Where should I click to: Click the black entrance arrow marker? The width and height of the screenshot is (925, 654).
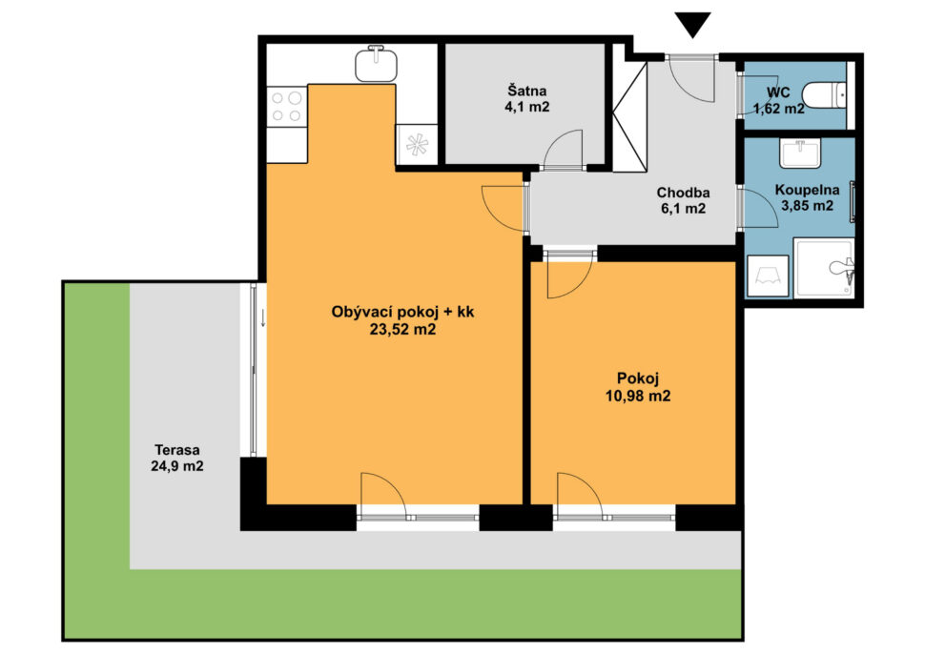[x=692, y=25]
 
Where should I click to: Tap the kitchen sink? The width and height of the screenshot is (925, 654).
[x=376, y=63]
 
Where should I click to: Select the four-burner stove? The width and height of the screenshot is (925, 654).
[x=287, y=106]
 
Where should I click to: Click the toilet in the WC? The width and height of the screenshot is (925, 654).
[x=825, y=95]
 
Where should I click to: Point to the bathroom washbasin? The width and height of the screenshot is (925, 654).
[x=800, y=153]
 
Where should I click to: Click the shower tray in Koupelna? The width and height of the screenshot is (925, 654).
[x=824, y=267]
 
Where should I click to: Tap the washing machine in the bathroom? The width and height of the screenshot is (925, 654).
[x=768, y=276]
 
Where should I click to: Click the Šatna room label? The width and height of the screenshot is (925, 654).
[x=527, y=91]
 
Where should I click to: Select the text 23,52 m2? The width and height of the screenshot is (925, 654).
[x=403, y=329]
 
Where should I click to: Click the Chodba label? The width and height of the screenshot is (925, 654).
[x=683, y=193]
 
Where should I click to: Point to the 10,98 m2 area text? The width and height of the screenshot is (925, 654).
[x=638, y=396]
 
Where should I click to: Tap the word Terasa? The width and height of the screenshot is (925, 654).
[x=177, y=449]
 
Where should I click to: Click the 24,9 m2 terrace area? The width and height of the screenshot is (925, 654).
[x=177, y=466]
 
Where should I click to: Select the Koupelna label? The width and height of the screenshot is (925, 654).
[x=807, y=190]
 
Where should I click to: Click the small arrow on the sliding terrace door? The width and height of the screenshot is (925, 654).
[x=263, y=318]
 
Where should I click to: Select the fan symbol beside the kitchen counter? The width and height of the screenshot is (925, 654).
[x=417, y=145]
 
